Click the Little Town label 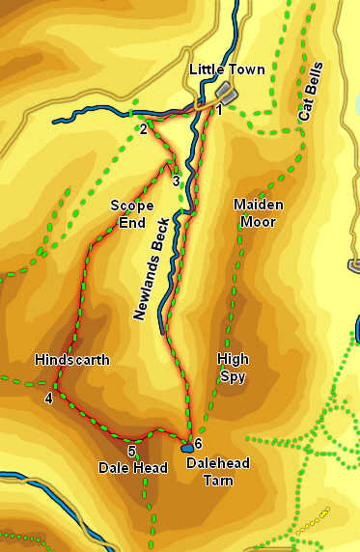[227, 69]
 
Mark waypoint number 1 [219, 111]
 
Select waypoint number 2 [143, 129]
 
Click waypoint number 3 [176, 179]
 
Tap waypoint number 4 [48, 397]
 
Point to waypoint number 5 [131, 451]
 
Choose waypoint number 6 [198, 444]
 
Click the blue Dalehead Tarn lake [186, 448]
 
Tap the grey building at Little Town [226, 93]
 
